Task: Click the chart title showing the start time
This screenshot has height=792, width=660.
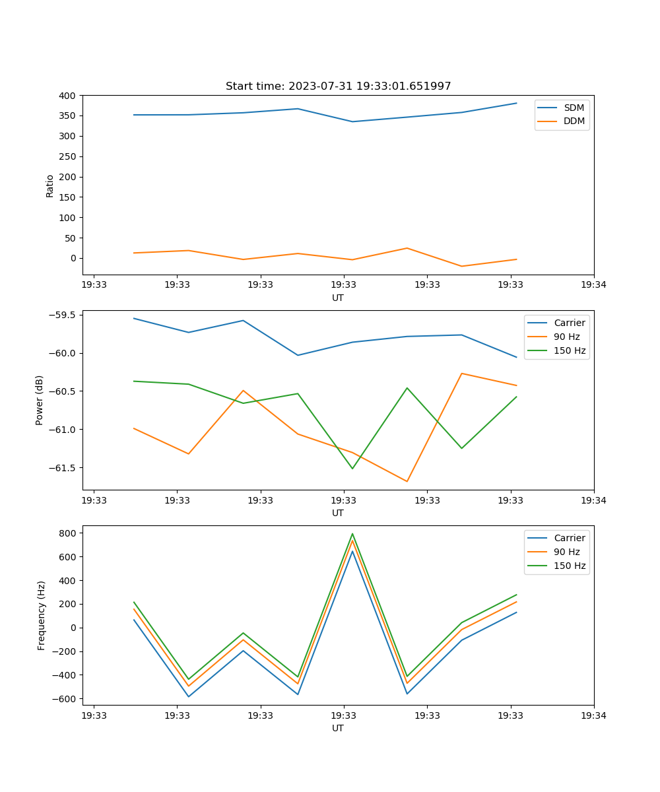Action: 338,86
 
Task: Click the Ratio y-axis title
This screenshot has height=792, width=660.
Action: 50,185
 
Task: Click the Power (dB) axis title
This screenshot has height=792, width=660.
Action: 40,400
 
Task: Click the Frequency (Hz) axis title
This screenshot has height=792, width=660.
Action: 42,615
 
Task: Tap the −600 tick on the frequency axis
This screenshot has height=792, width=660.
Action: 65,699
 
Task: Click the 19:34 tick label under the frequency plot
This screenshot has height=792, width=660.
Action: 593,715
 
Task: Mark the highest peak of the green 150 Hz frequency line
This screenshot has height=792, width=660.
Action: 352,534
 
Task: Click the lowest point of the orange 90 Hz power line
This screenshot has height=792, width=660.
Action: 407,481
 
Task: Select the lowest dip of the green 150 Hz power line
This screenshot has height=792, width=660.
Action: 352,469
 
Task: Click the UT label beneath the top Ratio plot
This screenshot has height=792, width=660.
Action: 338,298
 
